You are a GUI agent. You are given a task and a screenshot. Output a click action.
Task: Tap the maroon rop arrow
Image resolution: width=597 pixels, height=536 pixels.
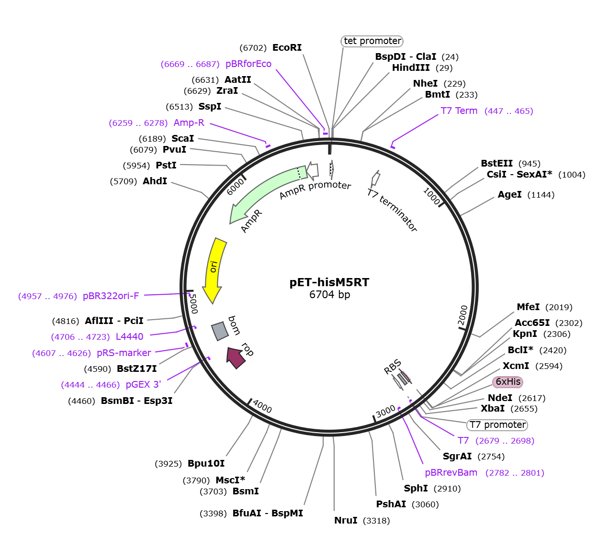pos(236,357)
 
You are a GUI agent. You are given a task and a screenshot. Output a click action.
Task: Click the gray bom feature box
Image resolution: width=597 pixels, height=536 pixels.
pos(220,330)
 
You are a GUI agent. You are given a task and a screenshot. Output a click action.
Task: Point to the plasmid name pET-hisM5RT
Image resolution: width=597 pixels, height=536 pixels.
pos(329,282)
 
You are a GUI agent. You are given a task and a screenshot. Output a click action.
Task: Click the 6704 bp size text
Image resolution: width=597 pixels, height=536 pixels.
pos(329,295)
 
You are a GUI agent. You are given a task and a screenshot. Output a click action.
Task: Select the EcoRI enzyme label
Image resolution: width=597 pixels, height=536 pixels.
pos(287,47)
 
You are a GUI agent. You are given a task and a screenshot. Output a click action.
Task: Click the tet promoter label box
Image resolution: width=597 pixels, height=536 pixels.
pos(372,41)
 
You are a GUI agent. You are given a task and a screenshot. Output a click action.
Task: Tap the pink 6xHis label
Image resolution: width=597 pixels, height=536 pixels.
pos(507,381)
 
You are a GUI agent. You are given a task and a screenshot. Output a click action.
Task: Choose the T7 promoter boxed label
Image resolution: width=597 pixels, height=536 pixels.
pos(497,424)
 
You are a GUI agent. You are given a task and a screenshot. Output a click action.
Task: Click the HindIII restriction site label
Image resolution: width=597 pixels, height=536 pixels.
pos(411,67)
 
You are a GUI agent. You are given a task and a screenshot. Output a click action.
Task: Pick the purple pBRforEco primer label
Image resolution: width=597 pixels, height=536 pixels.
pos(248,64)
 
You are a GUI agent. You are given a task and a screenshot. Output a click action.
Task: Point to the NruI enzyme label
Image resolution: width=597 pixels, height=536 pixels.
pos(346,520)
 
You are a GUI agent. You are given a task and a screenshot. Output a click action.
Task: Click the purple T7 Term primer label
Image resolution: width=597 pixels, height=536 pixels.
pos(459,111)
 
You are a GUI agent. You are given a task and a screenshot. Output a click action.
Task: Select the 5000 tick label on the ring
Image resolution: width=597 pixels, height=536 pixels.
pos(193,303)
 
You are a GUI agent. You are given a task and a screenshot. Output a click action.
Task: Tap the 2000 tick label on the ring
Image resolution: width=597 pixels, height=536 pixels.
pos(462,314)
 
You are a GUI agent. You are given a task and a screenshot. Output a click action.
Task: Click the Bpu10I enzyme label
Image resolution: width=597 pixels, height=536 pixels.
pos(206,463)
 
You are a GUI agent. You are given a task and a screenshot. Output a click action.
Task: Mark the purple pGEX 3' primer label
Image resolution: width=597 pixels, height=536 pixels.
pos(143,384)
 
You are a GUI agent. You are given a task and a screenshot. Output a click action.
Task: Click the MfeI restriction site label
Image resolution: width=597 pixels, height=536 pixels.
pos(528,307)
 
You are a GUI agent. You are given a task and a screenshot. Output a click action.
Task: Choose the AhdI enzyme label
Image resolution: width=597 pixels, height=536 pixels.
pos(155,181)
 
